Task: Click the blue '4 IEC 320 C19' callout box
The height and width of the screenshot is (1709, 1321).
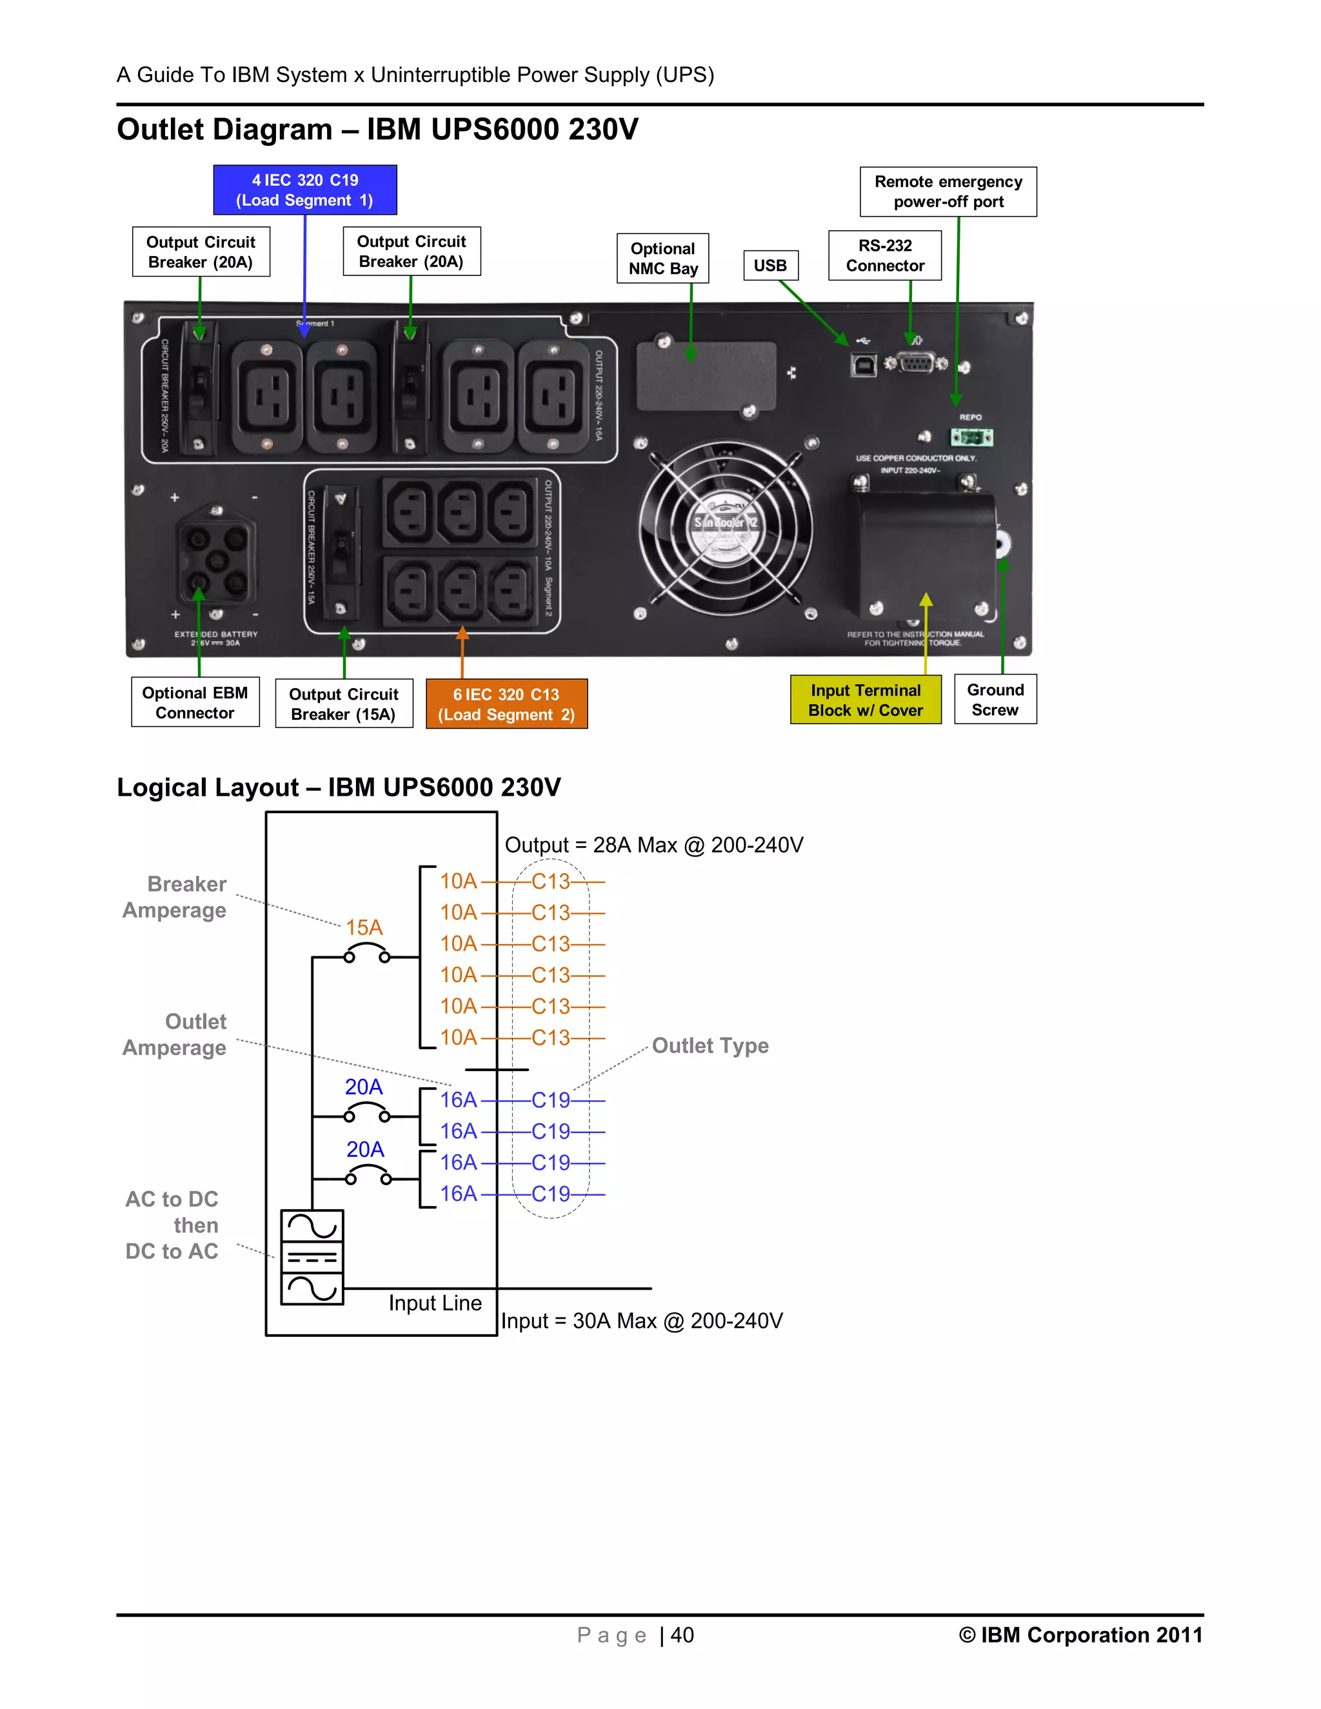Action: [304, 190]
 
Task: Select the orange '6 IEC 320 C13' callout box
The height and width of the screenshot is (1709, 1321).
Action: [506, 704]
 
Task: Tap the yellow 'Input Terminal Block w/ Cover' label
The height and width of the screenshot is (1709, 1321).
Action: [866, 700]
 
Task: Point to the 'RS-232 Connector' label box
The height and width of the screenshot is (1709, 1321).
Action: [884, 255]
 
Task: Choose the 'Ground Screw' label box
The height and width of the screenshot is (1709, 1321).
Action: [995, 700]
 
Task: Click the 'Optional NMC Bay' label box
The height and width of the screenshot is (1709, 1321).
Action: [663, 258]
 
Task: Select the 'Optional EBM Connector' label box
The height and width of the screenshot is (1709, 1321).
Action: [195, 703]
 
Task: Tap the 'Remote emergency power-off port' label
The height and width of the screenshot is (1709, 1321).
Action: [948, 192]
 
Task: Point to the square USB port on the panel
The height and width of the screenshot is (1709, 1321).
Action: [863, 364]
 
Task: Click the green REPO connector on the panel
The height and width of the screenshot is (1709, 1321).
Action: [971, 437]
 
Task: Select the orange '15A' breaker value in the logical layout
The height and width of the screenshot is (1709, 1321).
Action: [364, 928]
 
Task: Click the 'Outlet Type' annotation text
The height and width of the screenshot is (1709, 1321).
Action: [710, 1045]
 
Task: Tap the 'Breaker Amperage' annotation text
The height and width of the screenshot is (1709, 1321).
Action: [175, 897]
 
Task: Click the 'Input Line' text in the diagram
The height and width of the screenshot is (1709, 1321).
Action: [435, 1303]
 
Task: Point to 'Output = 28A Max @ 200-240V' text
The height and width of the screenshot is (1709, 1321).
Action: [653, 845]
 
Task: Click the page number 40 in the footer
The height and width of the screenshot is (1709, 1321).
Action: [682, 1635]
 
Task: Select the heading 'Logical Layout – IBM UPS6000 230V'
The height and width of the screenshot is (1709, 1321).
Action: [338, 787]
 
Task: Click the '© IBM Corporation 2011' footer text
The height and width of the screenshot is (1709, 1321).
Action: [1080, 1635]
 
